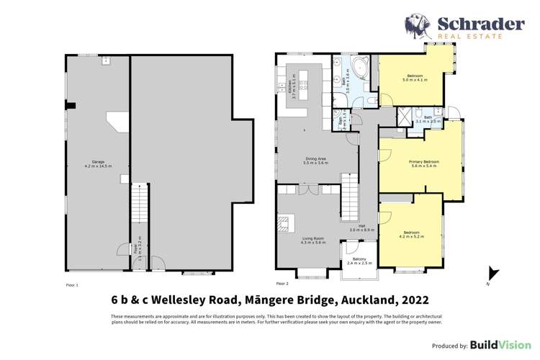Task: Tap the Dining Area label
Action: coord(317,161)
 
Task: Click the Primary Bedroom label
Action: coord(423,162)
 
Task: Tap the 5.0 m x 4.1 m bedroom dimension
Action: coord(415,80)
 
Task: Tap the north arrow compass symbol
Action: coord(492,274)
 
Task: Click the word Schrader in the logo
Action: coord(481,24)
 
